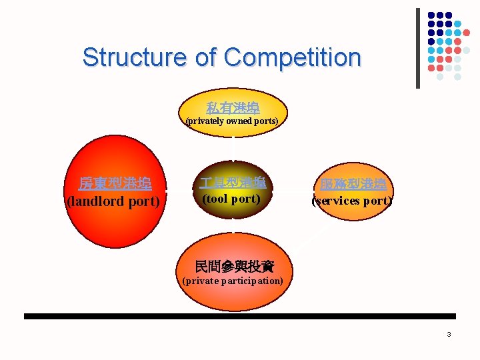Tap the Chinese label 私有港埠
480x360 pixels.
pyautogui.click(x=233, y=107)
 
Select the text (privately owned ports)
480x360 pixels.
pyautogui.click(x=232, y=121)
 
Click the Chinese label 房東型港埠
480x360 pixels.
pyautogui.click(x=115, y=183)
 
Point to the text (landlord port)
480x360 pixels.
pyautogui.click(x=113, y=201)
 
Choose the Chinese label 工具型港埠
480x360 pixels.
pyautogui.click(x=232, y=182)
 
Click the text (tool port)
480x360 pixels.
pyautogui.click(x=231, y=199)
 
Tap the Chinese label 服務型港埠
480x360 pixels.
pyautogui.click(x=353, y=184)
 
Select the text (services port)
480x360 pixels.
pyautogui.click(x=353, y=201)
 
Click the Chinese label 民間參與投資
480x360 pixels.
pyautogui.click(x=234, y=267)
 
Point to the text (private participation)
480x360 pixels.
pyautogui.click(x=233, y=281)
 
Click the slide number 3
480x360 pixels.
pyautogui.click(x=449, y=334)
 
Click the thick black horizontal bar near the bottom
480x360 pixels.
pyautogui.click(x=240, y=316)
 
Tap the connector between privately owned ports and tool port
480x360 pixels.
pyautogui.click(x=233, y=148)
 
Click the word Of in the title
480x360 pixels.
pyautogui.click(x=207, y=57)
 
